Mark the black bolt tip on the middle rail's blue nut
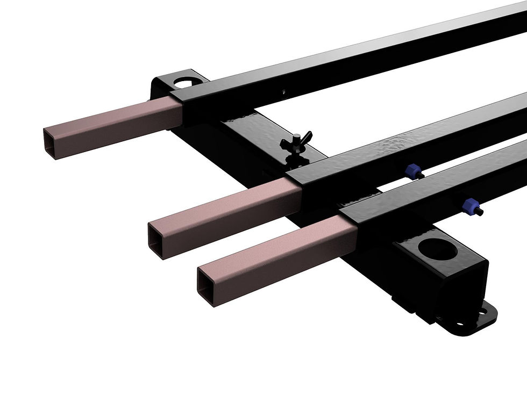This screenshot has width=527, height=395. (x=421, y=175)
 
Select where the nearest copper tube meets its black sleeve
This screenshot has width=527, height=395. (x=350, y=228)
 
